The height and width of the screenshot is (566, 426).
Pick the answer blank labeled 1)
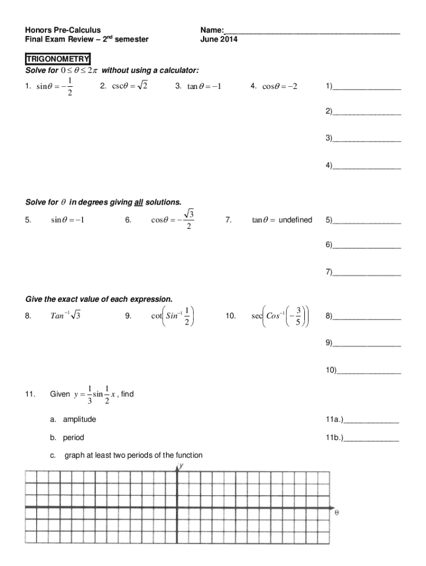pyautogui.click(x=367, y=87)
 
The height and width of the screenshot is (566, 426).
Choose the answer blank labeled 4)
pyautogui.click(x=367, y=166)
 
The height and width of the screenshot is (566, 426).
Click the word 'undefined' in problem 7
pyautogui.click(x=295, y=220)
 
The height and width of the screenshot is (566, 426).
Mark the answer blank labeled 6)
pyautogui.click(x=367, y=245)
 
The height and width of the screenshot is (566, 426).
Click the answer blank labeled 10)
pyautogui.click(x=369, y=370)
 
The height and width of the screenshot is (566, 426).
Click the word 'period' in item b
pyautogui.click(x=73, y=438)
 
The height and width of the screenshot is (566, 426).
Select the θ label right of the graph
pyautogui.click(x=337, y=512)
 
